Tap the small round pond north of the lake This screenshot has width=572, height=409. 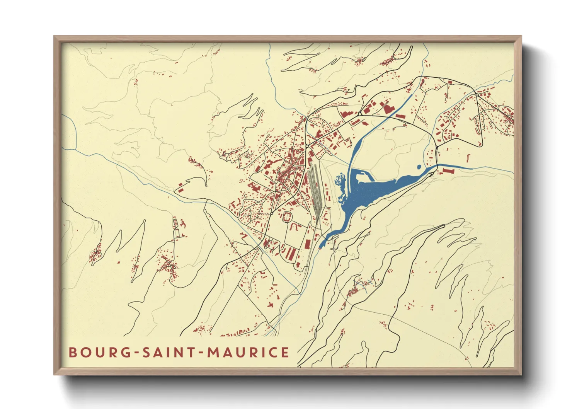point(419,167)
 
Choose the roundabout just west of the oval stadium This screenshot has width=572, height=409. point(272,213)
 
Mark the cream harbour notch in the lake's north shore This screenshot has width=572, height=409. point(361,178)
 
